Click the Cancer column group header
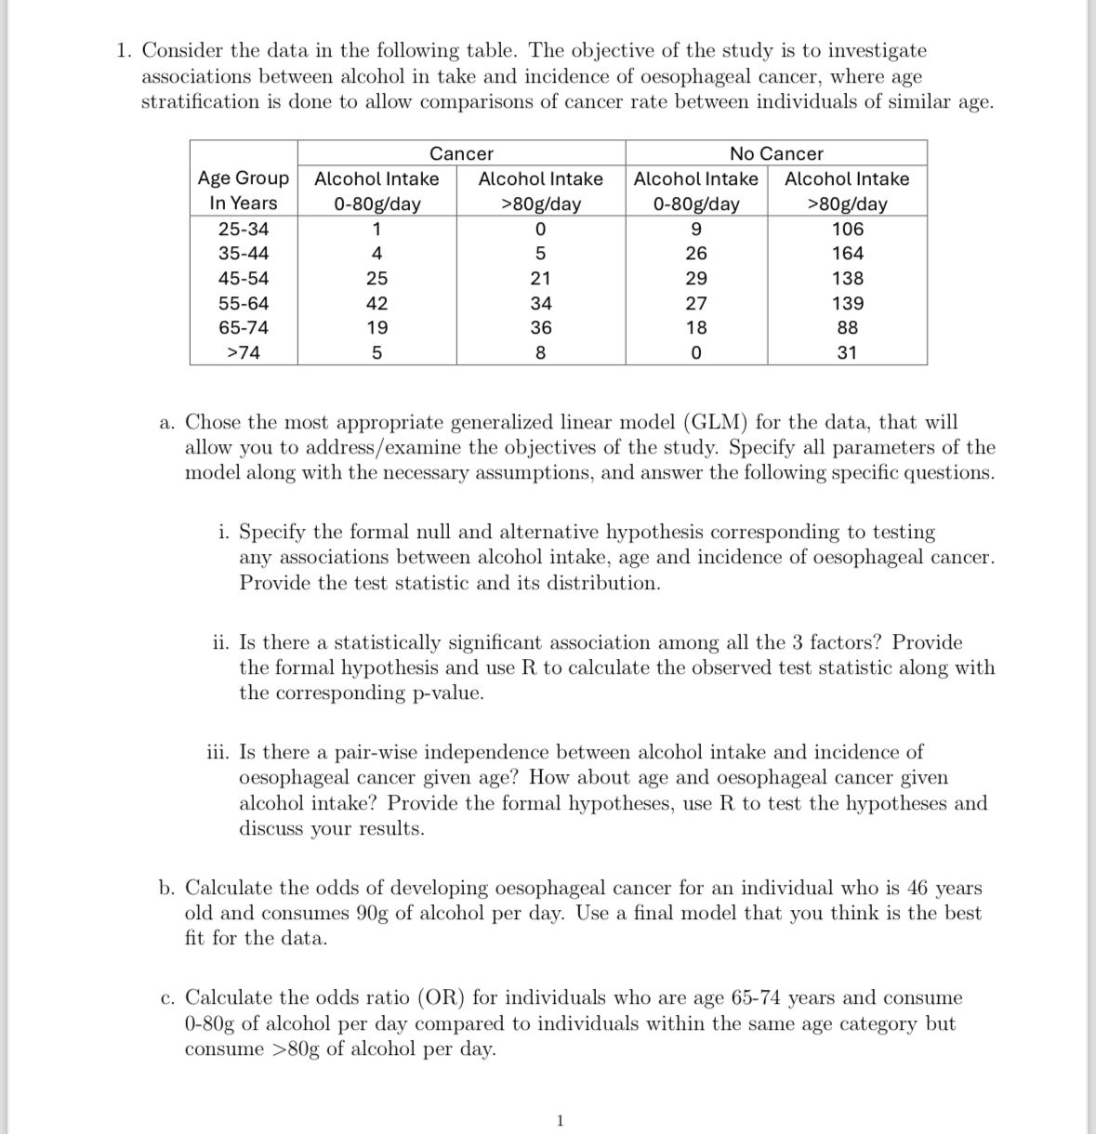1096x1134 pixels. [x=461, y=153]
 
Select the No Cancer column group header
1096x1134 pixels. [x=776, y=153]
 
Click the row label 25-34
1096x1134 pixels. [x=244, y=229]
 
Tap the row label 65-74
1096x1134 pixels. [x=244, y=327]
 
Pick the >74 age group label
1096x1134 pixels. [x=244, y=352]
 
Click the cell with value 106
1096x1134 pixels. [x=847, y=229]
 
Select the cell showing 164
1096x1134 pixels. [x=847, y=253]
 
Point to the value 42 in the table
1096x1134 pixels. [x=376, y=303]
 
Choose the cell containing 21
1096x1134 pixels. [x=540, y=278]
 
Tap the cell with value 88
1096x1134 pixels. [x=847, y=327]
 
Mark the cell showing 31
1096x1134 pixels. [x=847, y=352]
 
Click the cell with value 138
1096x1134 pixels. [x=847, y=278]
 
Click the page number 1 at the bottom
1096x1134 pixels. [x=559, y=1121]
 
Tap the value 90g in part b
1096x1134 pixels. [x=373, y=913]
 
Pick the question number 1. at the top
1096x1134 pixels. [x=125, y=51]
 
